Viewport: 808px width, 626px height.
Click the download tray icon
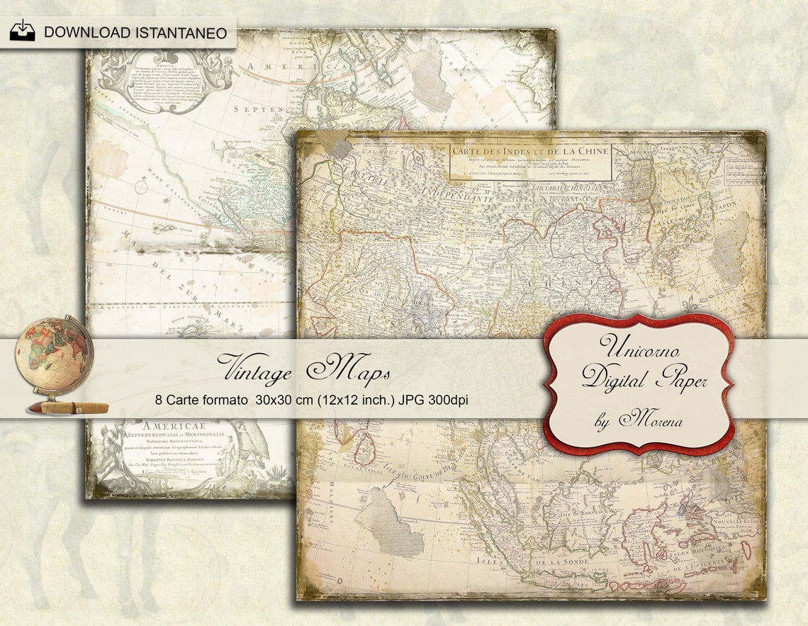pos(22,31)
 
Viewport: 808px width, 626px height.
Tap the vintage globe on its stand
pos(54,358)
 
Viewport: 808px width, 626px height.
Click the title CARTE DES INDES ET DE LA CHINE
pos(530,152)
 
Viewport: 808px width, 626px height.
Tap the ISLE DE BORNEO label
pos(574,512)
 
